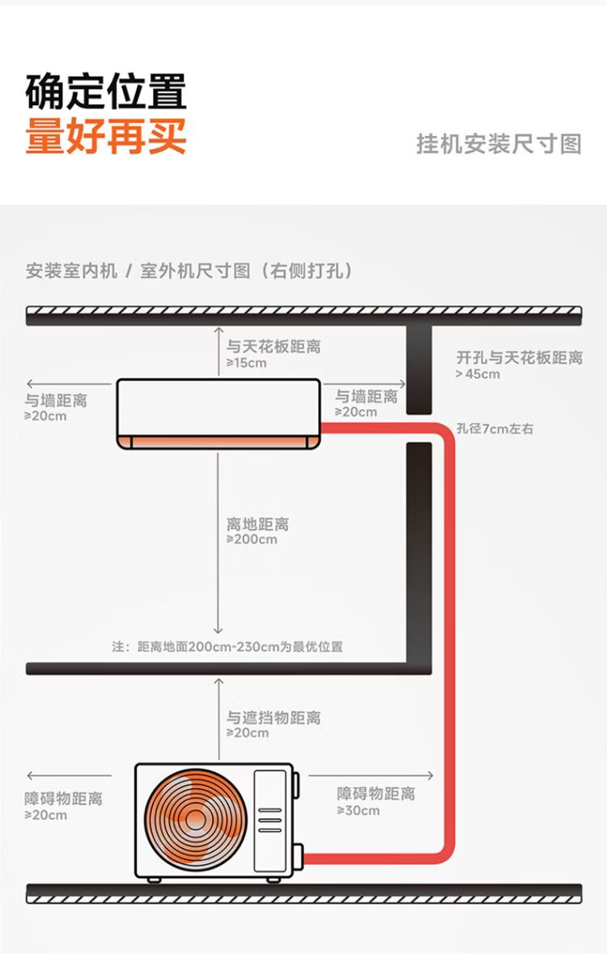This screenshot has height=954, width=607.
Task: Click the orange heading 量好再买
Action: [106, 135]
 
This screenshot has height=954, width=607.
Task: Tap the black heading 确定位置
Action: [106, 91]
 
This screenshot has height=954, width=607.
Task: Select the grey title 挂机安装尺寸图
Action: [499, 144]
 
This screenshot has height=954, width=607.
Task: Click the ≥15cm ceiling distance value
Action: [246, 363]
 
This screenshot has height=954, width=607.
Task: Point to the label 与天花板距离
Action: [274, 346]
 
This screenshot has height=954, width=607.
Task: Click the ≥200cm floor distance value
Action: [252, 539]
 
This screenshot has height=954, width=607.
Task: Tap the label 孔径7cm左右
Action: [495, 429]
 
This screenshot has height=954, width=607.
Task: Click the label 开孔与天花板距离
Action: [519, 357]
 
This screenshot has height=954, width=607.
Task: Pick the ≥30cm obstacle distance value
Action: [358, 810]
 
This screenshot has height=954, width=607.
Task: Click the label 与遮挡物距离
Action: [274, 717]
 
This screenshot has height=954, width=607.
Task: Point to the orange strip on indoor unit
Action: [219, 441]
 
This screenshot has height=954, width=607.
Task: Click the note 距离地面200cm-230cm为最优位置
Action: [227, 647]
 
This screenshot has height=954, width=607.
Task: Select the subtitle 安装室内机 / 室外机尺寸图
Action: [189, 271]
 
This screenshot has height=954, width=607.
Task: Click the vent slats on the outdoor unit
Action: [270, 819]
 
